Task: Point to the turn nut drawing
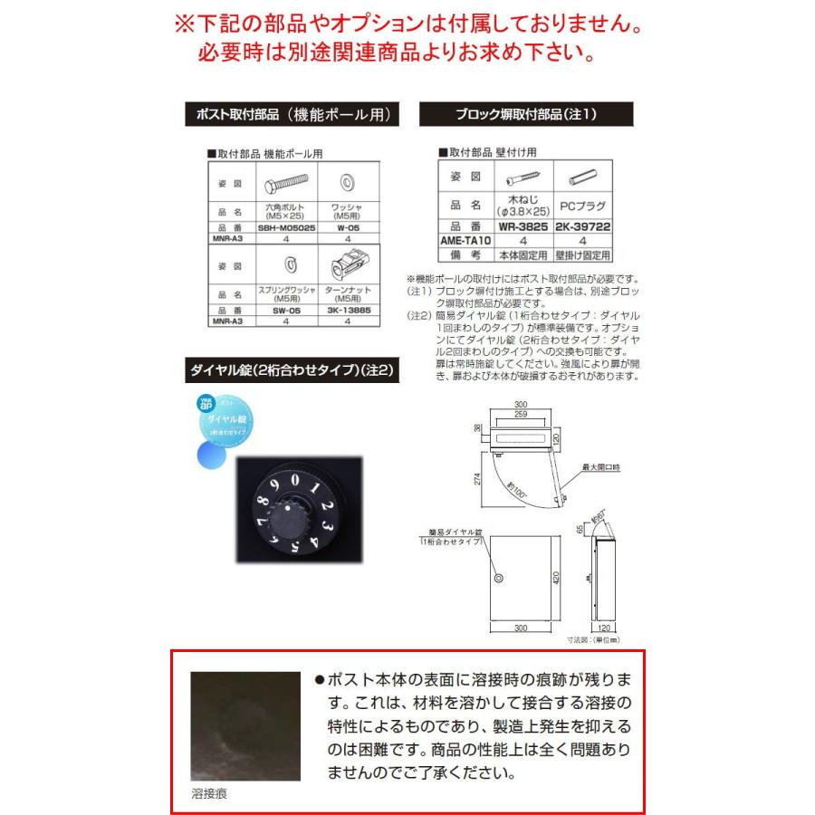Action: (x=348, y=265)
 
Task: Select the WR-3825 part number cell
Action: (x=523, y=226)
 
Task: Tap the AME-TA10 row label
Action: (x=464, y=242)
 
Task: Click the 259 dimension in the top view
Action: (x=521, y=414)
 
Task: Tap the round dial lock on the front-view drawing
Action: (x=497, y=577)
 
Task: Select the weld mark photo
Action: (x=245, y=725)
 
